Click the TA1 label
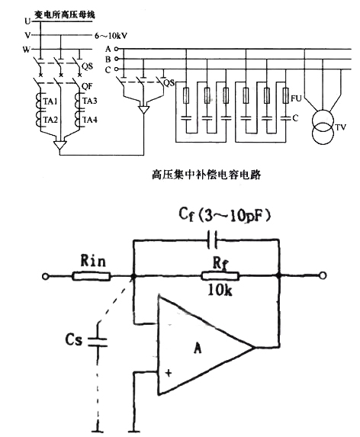pyautogui.click(x=50, y=101)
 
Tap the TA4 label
pyautogui.click(x=90, y=120)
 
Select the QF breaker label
pyautogui.click(x=87, y=86)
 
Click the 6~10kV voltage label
pyautogui.click(x=111, y=36)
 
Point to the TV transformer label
pyautogui.click(x=340, y=127)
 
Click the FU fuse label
pyautogui.click(x=296, y=98)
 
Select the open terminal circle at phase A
pyautogui.click(x=117, y=49)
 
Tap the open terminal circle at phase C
pyautogui.click(x=117, y=69)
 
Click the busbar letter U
pyautogui.click(x=27, y=21)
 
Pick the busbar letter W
pyautogui.click(x=27, y=50)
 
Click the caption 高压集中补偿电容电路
pyautogui.click(x=207, y=175)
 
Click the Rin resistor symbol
pyautogui.click(x=92, y=277)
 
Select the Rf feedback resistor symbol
pyautogui.click(x=220, y=276)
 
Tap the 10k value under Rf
pyautogui.click(x=220, y=291)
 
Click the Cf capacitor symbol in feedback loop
pyautogui.click(x=213, y=239)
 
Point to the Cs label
pyautogui.click(x=73, y=339)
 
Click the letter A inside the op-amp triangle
pyautogui.click(x=198, y=348)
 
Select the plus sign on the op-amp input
pyautogui.click(x=169, y=373)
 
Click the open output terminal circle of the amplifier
pyautogui.click(x=323, y=275)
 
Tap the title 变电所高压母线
pyautogui.click(x=65, y=14)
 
